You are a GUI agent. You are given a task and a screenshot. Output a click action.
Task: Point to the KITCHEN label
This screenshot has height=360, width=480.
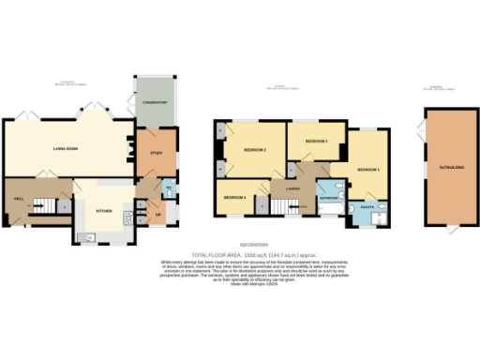click(104, 211)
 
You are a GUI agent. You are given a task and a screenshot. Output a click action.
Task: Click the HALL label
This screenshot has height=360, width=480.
click(19, 200)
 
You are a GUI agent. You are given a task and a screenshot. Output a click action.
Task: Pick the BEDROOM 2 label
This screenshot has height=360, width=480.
click(256, 150)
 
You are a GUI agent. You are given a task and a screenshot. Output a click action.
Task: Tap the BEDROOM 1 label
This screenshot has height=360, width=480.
click(367, 168)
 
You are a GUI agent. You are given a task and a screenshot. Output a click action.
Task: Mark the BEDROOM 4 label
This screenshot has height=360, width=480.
click(233, 198)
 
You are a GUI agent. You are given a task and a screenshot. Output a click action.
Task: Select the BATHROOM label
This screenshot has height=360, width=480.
click(329, 199)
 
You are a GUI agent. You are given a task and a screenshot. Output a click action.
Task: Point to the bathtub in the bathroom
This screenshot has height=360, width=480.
click(329, 211)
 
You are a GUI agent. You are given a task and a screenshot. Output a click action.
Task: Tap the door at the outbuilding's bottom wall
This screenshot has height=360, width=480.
click(448, 229)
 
